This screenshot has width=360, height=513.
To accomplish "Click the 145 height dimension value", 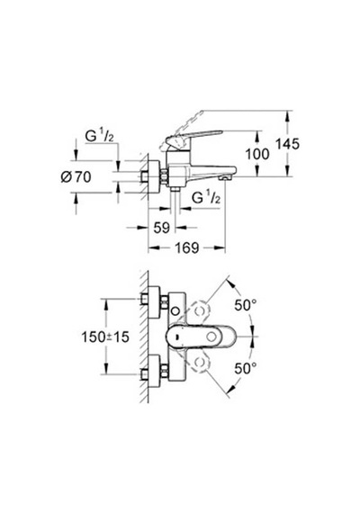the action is [x=287, y=144].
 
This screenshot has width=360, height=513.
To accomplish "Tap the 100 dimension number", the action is [x=257, y=154].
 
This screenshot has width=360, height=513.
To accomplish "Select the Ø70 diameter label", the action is [x=76, y=177].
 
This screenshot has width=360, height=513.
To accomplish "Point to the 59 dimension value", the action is [x=162, y=228].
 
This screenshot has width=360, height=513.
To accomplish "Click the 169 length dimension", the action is [x=186, y=247].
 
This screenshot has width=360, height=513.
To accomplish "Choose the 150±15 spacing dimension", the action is [x=105, y=337].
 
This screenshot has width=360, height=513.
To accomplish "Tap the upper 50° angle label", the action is [x=245, y=305].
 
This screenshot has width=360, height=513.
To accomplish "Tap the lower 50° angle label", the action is [x=245, y=369].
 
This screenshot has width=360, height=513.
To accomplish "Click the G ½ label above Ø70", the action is [x=99, y=136].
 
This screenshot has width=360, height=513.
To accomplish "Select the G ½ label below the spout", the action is [x=205, y=198].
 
